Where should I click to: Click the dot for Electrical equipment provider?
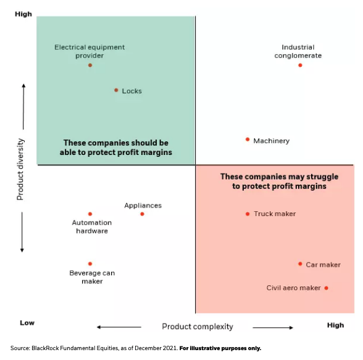tap(90, 65)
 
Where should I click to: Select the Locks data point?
tap(116, 90)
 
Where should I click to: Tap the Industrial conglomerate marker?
tap(300, 65)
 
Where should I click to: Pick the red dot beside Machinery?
tap(248, 140)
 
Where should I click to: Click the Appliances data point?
tap(142, 214)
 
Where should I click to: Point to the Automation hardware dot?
tap(90, 214)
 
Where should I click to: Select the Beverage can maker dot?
tap(90, 264)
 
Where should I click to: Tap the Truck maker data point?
tap(248, 214)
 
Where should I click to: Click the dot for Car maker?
tap(300, 264)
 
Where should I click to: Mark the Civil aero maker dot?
tap(326, 288)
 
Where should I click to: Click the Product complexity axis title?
tap(198, 326)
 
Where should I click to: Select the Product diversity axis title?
tap(20, 169)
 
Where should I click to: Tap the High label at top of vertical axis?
tap(23, 14)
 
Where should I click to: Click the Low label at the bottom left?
tap(27, 323)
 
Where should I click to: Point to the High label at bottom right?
tap(335, 325)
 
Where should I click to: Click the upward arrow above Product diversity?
tap(23, 105)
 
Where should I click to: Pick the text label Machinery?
tap(271, 141)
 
